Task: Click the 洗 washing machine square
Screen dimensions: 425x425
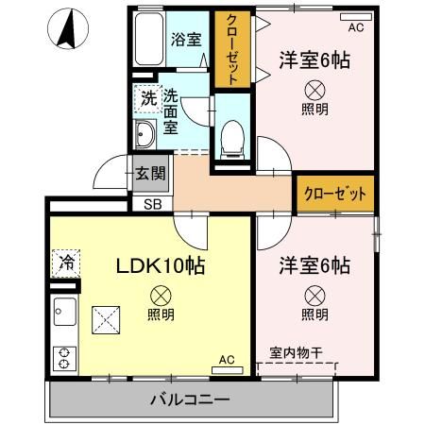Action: pyautogui.click(x=147, y=97)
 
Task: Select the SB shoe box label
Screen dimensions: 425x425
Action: pyautogui.click(x=152, y=203)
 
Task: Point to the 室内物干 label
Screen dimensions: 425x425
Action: pyautogui.click(x=296, y=353)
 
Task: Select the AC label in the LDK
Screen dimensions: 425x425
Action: pyautogui.click(x=227, y=360)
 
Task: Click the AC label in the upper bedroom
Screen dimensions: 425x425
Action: pyautogui.click(x=355, y=28)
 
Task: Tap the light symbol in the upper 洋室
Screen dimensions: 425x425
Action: pyautogui.click(x=315, y=91)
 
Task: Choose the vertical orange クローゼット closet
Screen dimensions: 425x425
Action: pyautogui.click(x=228, y=47)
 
